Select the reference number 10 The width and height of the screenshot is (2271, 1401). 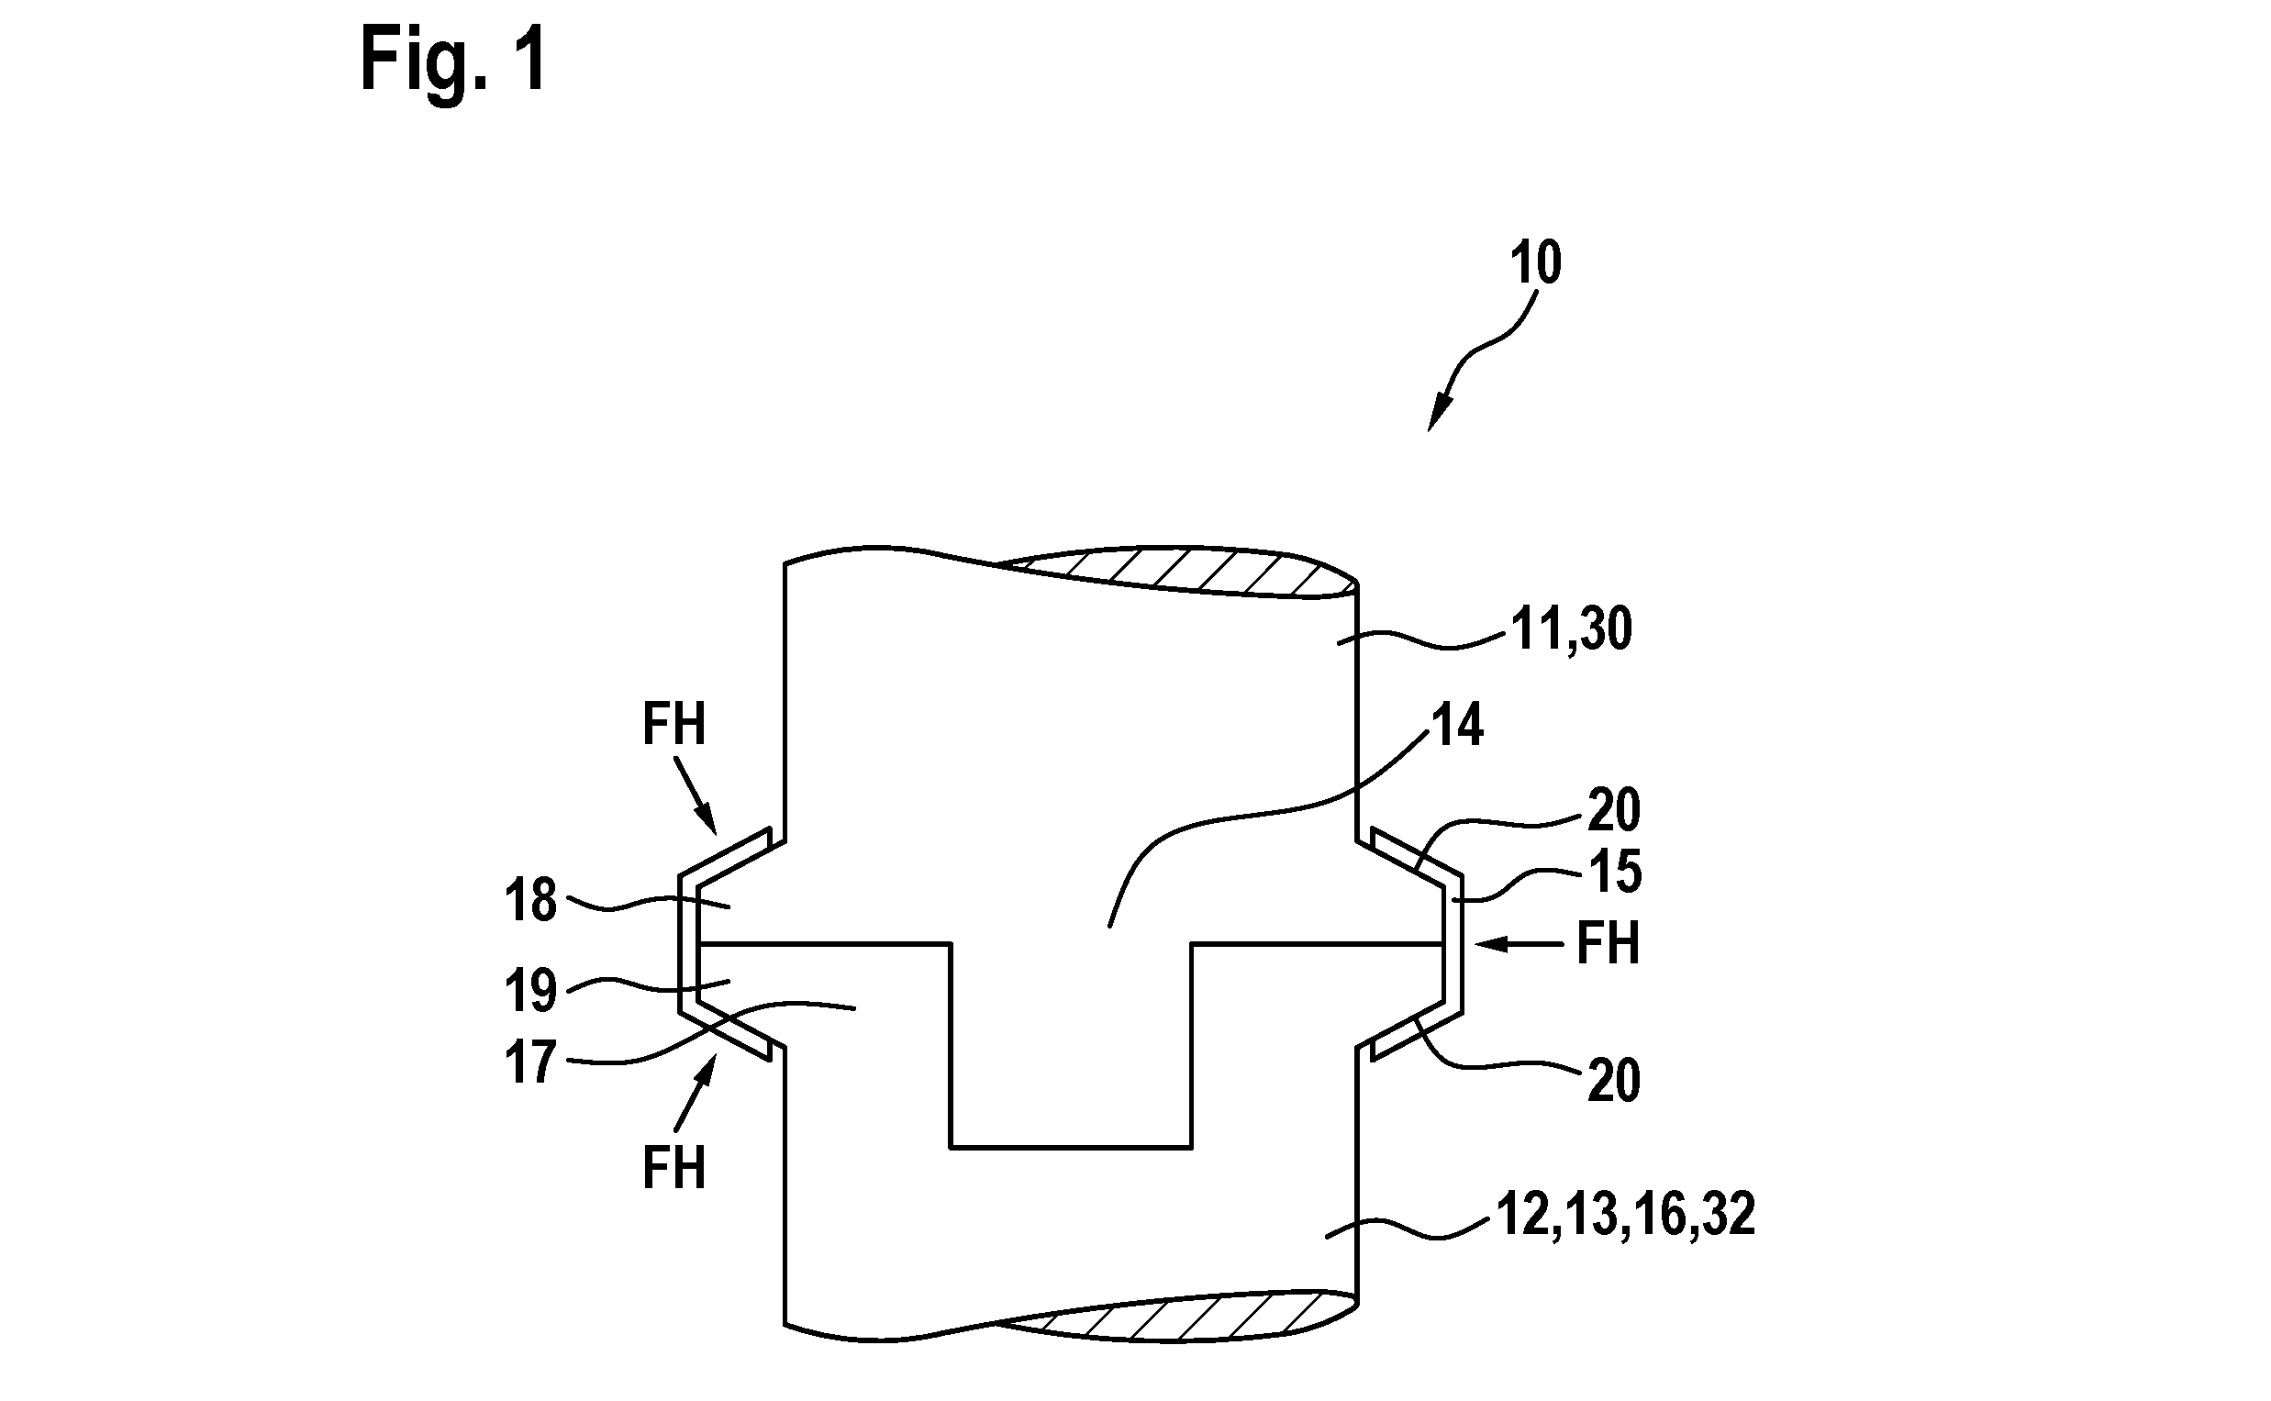(1535, 262)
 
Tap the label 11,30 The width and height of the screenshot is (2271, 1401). (1572, 630)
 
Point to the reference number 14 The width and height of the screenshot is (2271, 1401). (1457, 725)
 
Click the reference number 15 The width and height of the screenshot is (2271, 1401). (1615, 872)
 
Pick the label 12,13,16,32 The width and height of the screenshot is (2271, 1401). (1625, 1214)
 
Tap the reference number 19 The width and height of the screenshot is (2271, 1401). (531, 991)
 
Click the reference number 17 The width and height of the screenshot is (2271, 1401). (531, 1062)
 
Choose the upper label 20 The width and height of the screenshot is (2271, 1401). (1614, 810)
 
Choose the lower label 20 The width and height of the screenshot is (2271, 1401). (1614, 1081)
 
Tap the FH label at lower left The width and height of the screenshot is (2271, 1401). (674, 1166)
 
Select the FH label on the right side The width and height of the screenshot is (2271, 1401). (1608, 944)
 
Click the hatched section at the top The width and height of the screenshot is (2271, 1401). (1176, 570)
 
